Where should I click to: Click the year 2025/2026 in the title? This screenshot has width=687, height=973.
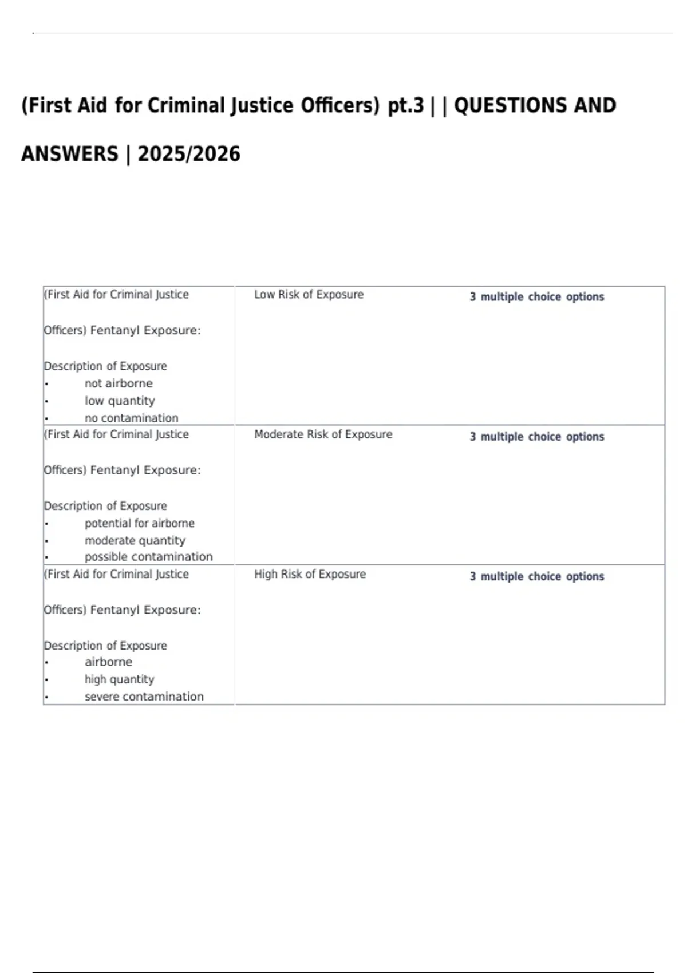click(189, 154)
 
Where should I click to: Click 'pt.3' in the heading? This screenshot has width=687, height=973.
click(406, 105)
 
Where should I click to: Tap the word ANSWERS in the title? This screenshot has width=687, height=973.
click(69, 154)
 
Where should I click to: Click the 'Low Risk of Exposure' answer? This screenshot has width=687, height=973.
click(309, 295)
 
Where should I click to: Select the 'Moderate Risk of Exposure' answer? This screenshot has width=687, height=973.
click(323, 434)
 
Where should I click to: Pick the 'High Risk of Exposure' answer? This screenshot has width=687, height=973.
click(310, 574)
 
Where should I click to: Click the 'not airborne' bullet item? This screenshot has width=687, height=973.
click(119, 383)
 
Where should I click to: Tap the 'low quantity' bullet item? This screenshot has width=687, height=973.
click(120, 401)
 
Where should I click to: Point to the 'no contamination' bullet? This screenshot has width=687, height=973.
click(131, 418)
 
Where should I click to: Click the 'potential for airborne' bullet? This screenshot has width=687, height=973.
click(139, 523)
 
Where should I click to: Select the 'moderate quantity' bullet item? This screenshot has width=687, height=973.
click(135, 540)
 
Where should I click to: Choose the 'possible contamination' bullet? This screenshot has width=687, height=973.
click(148, 557)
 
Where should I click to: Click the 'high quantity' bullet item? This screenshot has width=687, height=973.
click(119, 679)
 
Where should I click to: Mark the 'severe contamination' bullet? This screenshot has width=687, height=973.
click(144, 697)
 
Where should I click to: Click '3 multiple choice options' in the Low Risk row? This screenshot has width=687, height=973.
click(536, 297)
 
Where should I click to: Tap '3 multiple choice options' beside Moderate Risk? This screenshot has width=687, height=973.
click(536, 437)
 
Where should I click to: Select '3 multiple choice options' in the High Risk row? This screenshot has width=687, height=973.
click(536, 576)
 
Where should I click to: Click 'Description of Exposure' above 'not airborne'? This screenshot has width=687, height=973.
click(105, 366)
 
